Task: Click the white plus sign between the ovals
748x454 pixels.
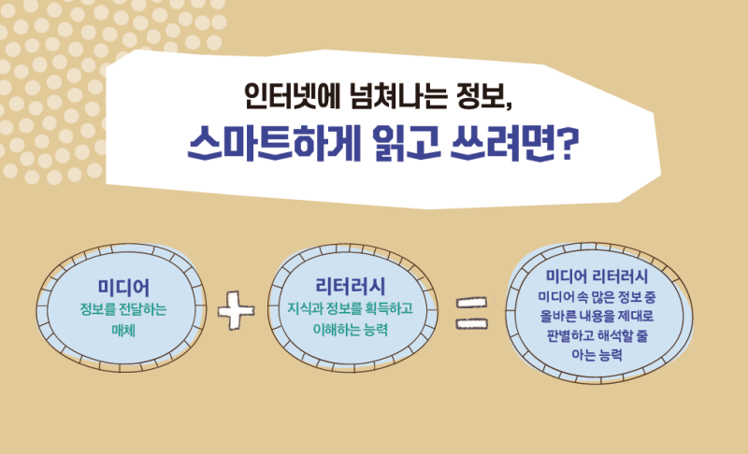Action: (237, 310)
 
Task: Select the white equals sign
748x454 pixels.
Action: (472, 314)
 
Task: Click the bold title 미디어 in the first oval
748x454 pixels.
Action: (123, 288)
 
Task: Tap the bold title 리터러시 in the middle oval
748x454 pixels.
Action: (350, 286)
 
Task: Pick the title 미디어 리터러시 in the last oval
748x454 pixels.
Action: (597, 276)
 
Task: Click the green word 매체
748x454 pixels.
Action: (123, 330)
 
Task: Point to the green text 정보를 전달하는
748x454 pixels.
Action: (123, 309)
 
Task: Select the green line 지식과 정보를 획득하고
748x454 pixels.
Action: (350, 308)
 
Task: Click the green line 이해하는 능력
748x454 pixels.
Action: (350, 329)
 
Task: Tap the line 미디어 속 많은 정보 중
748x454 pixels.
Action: (597, 297)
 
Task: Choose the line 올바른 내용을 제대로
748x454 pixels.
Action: (597, 316)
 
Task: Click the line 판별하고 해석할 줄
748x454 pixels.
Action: (597, 335)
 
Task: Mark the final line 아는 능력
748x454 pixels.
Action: (597, 354)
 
